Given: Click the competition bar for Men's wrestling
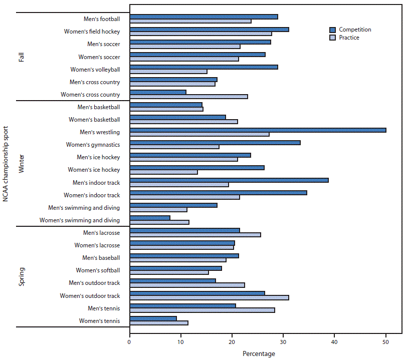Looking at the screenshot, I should (258, 130).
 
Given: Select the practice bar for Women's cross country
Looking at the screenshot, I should (188, 97).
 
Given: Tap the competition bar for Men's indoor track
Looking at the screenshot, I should (229, 180).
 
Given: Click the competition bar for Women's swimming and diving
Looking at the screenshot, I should (150, 218).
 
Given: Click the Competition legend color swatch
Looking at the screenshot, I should (332, 30).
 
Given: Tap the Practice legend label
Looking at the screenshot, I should (349, 38).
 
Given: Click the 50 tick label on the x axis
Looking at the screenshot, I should (385, 342).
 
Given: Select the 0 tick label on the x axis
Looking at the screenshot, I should (130, 342).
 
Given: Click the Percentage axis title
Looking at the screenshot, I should (259, 354).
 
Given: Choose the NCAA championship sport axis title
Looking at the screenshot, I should (6, 164).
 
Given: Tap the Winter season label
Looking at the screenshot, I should (22, 164).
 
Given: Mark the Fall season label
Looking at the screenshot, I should (22, 56).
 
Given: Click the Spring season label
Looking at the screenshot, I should (22, 276).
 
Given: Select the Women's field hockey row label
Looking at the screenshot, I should (92, 32).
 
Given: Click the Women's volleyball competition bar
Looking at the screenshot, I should (204, 67).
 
